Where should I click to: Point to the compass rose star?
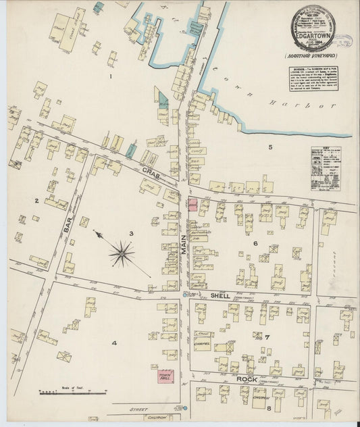[x=122, y=253]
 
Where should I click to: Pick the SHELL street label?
[x=220, y=296]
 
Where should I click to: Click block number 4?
[x=114, y=343]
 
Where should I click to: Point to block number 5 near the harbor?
[x=269, y=147]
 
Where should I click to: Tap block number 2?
[x=36, y=200]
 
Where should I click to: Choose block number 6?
[x=255, y=243]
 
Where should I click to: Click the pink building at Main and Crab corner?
[x=191, y=205]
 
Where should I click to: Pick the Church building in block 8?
[x=260, y=398]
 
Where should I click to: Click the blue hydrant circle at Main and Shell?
[x=185, y=295]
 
